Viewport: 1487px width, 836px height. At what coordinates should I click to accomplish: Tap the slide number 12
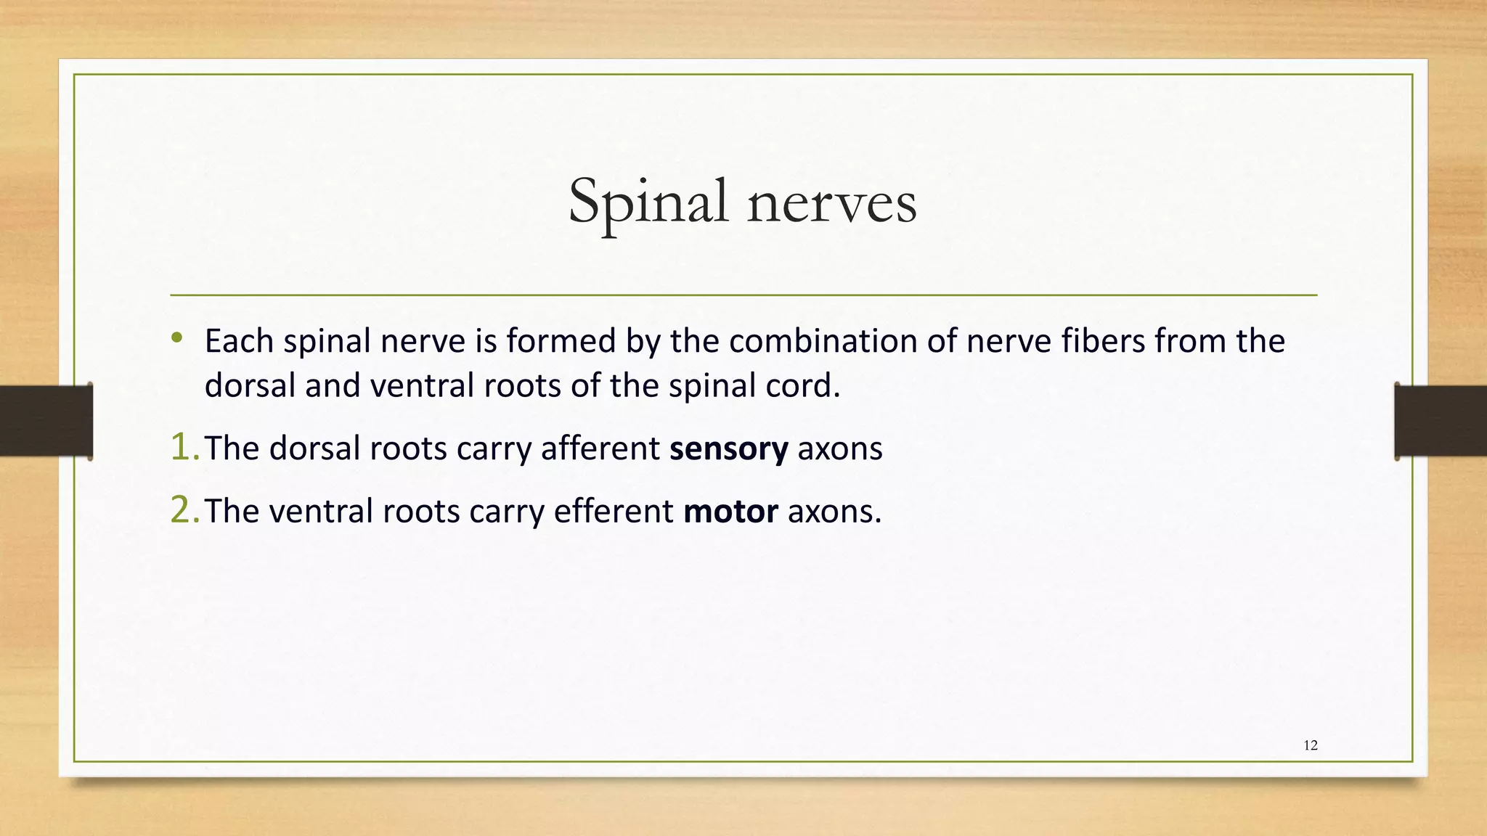coord(1311,745)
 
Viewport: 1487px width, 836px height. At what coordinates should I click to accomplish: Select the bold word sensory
coord(728,448)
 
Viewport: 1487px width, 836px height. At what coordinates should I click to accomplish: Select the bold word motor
coord(730,512)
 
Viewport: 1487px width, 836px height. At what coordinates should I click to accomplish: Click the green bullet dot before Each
coord(176,337)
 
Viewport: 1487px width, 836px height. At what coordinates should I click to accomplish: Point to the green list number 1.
coord(182,448)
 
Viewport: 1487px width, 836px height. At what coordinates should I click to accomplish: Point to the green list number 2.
coord(182,511)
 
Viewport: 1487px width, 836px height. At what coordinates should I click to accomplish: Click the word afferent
coord(600,448)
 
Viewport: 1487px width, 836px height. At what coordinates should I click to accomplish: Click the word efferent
coord(614,512)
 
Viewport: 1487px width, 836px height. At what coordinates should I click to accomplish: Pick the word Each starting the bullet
coord(239,341)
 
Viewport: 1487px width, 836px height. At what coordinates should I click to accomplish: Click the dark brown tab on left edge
coord(46,421)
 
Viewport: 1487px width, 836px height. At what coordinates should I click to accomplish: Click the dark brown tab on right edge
coord(1441,421)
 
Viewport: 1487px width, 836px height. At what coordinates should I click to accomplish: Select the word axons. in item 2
coord(834,512)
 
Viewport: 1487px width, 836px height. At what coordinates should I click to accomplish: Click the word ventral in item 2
coord(321,512)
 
